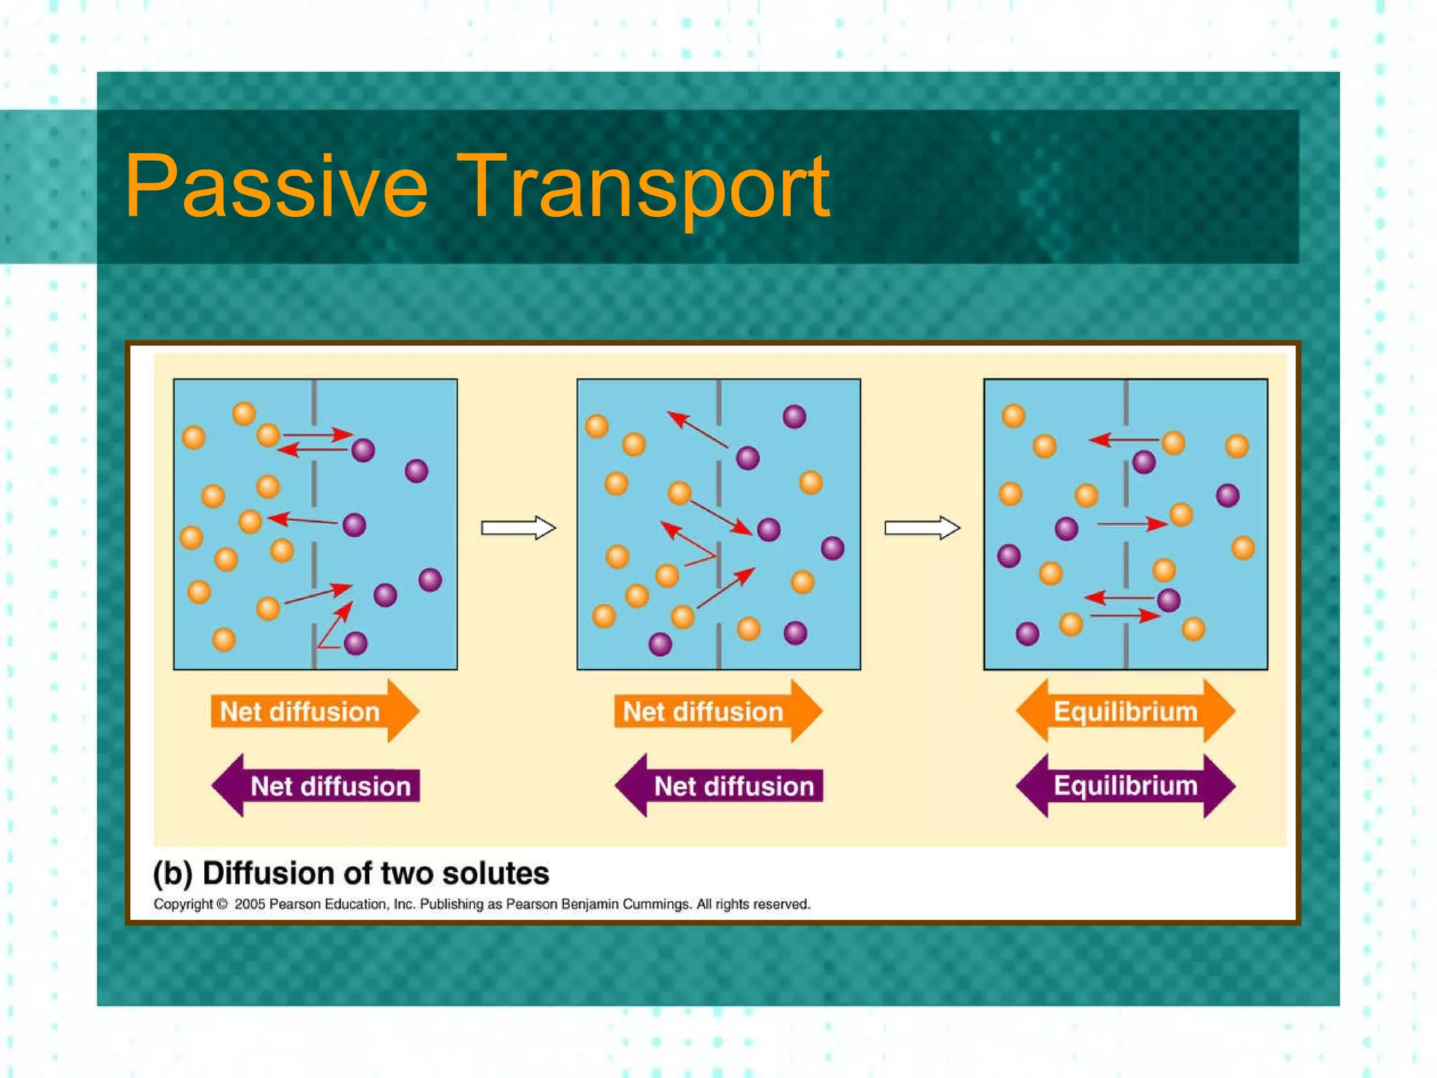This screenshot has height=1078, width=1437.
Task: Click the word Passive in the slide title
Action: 275,186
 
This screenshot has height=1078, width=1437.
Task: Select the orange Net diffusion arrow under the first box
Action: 314,711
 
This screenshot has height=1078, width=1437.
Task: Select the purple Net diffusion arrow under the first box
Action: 316,785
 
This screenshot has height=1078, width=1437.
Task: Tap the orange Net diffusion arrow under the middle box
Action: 717,711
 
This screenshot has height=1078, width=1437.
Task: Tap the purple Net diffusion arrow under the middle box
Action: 718,785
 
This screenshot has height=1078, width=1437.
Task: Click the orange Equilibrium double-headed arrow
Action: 1125,711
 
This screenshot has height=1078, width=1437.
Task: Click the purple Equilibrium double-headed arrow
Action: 1125,785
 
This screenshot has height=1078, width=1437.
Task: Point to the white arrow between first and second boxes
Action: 518,527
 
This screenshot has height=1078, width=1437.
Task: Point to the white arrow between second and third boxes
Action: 921,527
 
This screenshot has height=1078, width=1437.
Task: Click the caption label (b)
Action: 173,874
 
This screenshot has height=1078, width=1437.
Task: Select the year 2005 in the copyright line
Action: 249,904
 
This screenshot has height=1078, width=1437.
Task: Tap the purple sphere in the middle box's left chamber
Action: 660,644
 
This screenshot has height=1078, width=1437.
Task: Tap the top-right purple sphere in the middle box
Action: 794,417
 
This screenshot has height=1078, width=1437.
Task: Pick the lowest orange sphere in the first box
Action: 224,639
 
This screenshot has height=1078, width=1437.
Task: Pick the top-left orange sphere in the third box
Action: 1013,415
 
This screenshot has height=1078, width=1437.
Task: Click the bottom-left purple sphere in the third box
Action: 1027,634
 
